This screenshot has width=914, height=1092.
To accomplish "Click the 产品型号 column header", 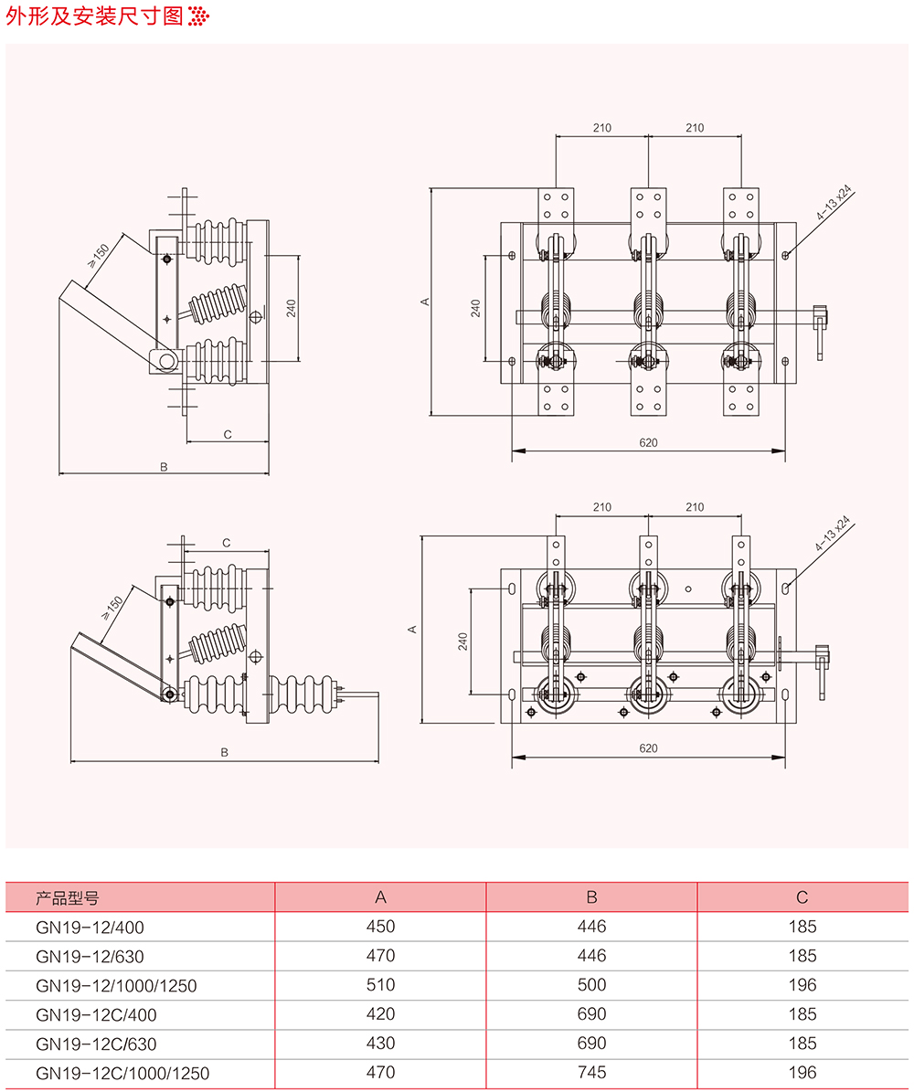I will pos(67,897).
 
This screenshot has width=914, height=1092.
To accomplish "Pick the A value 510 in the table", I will pos(380,985).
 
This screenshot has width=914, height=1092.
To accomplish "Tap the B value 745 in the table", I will pos(591,1073).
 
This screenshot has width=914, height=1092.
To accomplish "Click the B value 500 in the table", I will pos(591,985).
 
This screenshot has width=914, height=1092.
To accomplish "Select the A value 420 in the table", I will pos(380,1014).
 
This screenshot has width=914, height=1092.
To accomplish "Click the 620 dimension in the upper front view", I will pos(648,442).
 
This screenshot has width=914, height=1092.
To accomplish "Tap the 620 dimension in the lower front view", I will pos(648,748).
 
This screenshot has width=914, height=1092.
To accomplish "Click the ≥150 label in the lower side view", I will pos(112,607).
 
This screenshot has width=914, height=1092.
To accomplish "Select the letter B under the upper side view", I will pos(164,466).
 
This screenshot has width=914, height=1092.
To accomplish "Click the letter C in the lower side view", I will pos(227,543).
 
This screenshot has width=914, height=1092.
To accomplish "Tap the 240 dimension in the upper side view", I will pos(291,307).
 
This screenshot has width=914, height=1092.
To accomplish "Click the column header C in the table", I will pos(802,897).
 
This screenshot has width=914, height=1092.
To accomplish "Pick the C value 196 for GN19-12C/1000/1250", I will pos(802,1073).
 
